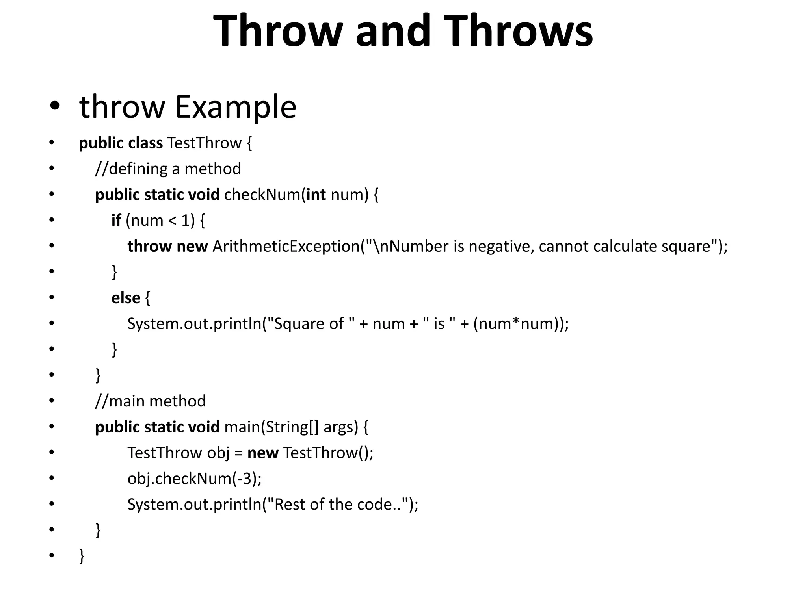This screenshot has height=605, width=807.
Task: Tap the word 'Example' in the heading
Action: (x=235, y=107)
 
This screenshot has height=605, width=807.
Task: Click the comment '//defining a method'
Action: (x=168, y=169)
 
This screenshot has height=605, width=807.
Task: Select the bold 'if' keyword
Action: (x=116, y=221)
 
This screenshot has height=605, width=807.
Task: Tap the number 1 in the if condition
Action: (x=186, y=221)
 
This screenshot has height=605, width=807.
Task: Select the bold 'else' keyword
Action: (x=126, y=298)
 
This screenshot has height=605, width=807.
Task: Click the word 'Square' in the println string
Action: (x=299, y=324)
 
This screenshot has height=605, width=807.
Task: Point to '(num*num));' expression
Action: (x=521, y=324)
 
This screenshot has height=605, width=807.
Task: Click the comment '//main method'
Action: (x=151, y=401)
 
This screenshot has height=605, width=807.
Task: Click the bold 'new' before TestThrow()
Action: (x=263, y=453)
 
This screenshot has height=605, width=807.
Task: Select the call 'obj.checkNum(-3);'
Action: (x=195, y=479)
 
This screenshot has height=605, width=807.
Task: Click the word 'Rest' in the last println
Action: (x=290, y=505)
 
